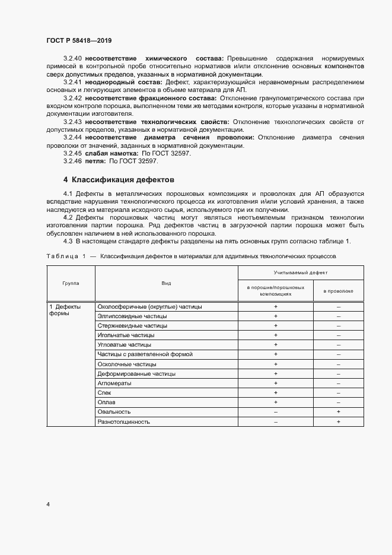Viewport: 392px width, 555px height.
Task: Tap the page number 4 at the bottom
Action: (x=48, y=505)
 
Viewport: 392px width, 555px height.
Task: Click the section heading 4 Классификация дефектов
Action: (x=119, y=179)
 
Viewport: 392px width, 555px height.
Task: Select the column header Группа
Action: (x=71, y=284)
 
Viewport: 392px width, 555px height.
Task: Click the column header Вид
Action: (x=166, y=284)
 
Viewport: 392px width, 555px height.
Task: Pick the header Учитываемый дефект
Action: (x=301, y=272)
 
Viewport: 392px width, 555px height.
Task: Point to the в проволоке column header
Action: (x=338, y=291)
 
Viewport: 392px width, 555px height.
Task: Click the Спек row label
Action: (x=104, y=393)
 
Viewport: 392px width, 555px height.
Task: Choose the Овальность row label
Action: (x=114, y=412)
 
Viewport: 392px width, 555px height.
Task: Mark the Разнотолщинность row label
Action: (x=123, y=421)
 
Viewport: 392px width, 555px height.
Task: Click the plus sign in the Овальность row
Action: (x=338, y=412)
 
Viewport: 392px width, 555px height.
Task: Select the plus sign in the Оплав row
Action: (x=276, y=402)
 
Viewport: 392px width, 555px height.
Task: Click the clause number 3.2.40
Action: (x=72, y=58)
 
